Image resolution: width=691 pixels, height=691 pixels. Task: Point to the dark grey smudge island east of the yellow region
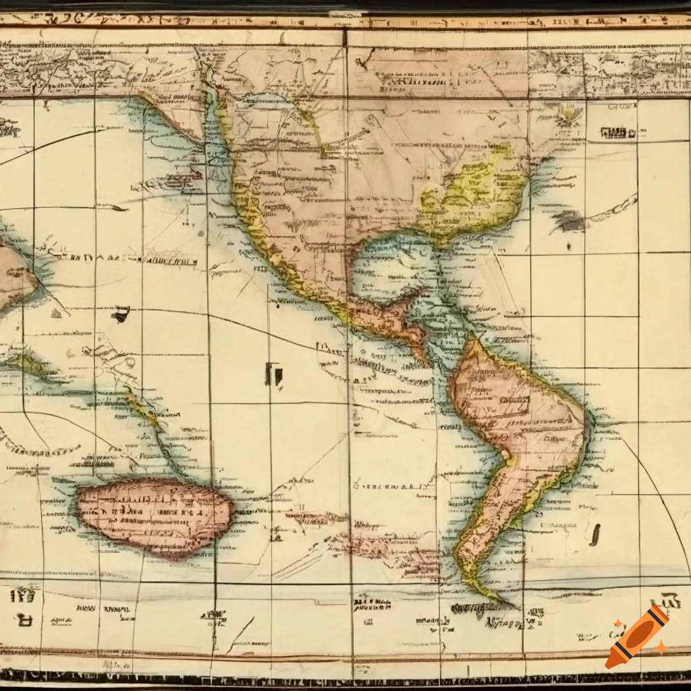(568, 221)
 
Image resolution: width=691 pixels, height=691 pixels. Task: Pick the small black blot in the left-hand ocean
(121, 313)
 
